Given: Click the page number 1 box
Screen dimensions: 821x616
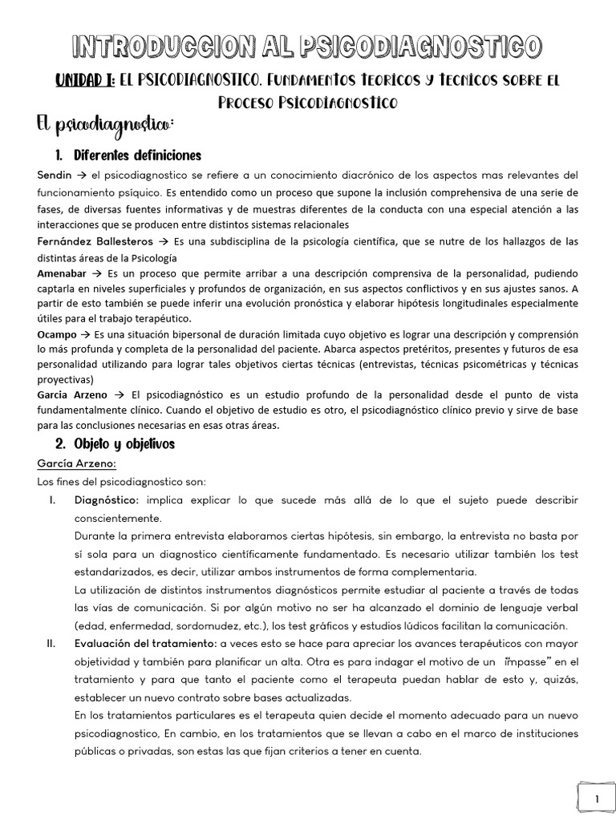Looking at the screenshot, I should [x=596, y=799].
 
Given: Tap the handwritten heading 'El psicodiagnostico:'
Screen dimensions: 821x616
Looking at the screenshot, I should [x=105, y=126].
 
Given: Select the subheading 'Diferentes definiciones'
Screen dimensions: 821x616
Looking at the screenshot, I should [x=137, y=155].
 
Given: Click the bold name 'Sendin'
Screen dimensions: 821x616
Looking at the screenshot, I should [x=55, y=175].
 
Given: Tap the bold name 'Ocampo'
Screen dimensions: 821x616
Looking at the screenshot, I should [x=59, y=332].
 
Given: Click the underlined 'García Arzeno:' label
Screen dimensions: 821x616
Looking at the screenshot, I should [x=77, y=463].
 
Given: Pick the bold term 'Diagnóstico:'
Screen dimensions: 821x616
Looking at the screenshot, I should [x=108, y=499].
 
